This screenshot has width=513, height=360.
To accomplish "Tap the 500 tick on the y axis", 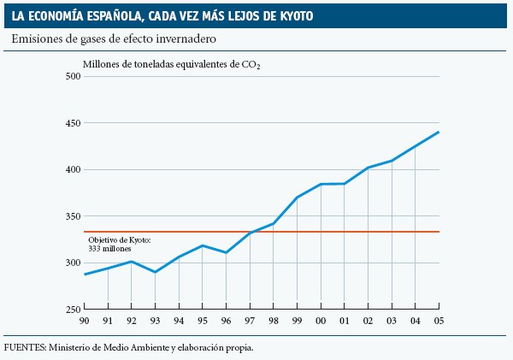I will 72,77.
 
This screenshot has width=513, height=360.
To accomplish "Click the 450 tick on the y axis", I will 72,123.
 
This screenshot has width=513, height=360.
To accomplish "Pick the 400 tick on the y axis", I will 72,169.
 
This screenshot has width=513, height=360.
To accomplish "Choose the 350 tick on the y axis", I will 72,216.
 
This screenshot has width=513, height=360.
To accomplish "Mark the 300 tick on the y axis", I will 72,263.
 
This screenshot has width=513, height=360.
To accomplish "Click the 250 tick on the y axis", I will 72,309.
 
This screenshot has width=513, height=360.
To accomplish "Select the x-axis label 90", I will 85,322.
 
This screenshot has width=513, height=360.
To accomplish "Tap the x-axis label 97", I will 250,322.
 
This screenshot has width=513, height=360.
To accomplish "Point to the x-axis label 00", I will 321,322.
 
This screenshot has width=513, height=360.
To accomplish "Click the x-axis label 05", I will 439,322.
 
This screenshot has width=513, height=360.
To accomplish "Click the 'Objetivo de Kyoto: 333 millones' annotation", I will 120,244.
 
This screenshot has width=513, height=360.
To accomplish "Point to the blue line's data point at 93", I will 156,272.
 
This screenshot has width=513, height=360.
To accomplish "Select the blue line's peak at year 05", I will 439,132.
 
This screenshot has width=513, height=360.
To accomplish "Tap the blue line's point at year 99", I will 297,198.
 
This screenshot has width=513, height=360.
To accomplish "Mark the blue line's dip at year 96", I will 226,252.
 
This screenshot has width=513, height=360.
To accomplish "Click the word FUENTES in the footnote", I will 23,347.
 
